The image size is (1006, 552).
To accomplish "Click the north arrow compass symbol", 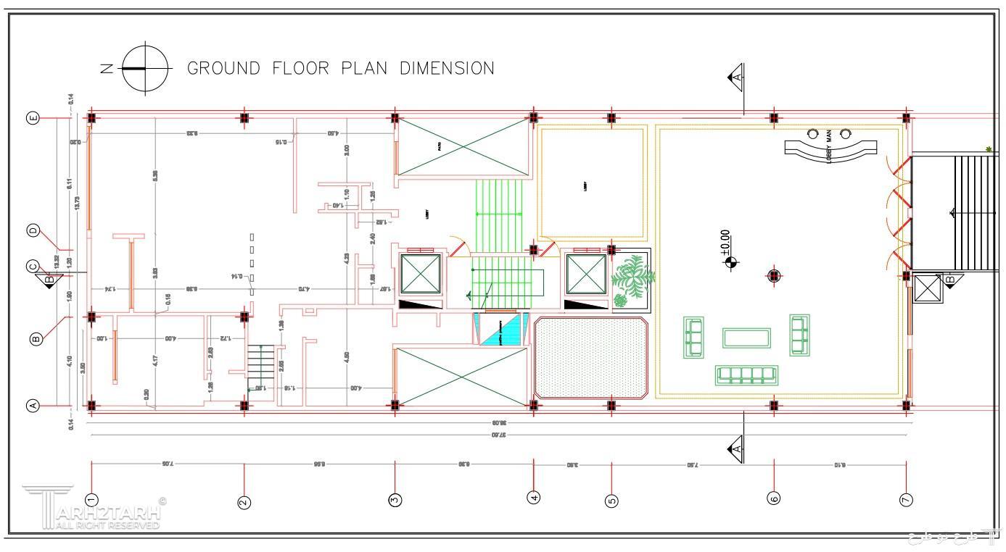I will [x=146, y=68].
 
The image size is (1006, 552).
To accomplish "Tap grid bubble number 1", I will [x=91, y=499].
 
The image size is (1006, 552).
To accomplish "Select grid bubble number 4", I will [x=534, y=498].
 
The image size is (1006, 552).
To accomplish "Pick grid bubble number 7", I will [x=906, y=499].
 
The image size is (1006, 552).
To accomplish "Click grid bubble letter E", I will [x=33, y=118].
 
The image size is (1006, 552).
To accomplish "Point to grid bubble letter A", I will [x=33, y=406].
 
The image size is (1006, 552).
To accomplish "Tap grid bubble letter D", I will [x=33, y=230].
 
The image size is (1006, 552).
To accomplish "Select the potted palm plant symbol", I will [x=631, y=279].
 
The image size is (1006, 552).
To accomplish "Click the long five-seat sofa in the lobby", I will [x=746, y=375].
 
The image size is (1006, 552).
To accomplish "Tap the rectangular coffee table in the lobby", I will [x=746, y=338].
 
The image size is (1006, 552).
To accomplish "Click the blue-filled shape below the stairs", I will [x=500, y=330].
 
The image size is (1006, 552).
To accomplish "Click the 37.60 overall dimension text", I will [x=498, y=435].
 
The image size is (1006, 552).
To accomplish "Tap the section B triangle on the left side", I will [x=49, y=280].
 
